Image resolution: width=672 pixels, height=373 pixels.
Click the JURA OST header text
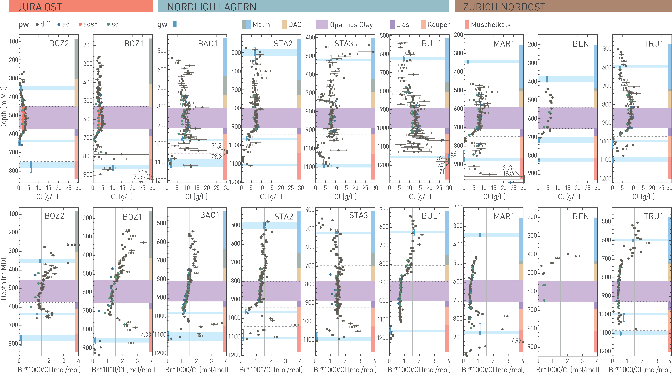point(40,7)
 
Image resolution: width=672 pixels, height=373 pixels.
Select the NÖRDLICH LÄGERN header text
point(212,7)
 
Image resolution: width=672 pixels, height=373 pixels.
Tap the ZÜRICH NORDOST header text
point(504,7)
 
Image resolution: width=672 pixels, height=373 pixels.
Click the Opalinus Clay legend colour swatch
point(322,25)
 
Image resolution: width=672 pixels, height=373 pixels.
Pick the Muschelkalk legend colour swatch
point(467,25)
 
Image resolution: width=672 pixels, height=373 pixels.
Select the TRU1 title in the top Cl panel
point(654,44)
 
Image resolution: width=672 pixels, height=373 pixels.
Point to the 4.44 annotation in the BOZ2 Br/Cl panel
point(71,244)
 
